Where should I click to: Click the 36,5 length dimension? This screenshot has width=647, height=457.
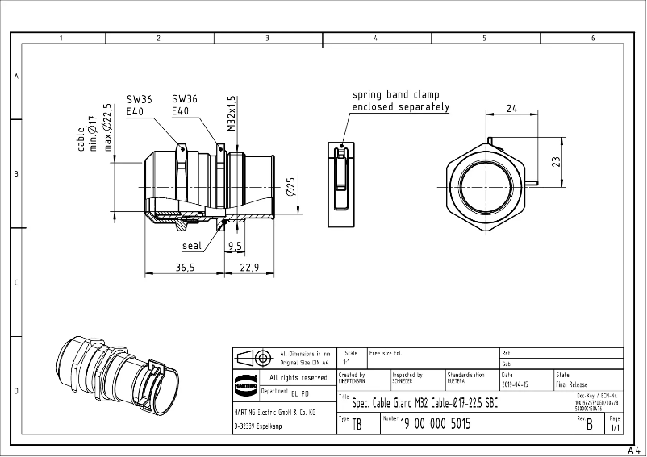click(x=185, y=268)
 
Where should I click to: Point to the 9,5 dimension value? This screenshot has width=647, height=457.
click(x=235, y=245)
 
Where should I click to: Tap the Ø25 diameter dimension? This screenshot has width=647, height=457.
click(x=291, y=187)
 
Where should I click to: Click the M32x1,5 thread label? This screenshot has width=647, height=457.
click(x=232, y=112)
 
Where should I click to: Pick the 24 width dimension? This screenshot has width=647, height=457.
click(x=511, y=107)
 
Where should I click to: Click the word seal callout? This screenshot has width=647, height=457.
click(x=192, y=246)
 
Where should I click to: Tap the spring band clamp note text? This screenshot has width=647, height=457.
click(x=400, y=101)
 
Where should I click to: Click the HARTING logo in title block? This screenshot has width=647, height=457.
click(x=245, y=384)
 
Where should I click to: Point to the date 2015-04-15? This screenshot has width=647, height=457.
click(x=516, y=385)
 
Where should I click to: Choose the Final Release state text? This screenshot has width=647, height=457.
click(x=572, y=385)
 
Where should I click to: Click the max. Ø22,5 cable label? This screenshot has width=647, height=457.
click(x=106, y=128)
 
